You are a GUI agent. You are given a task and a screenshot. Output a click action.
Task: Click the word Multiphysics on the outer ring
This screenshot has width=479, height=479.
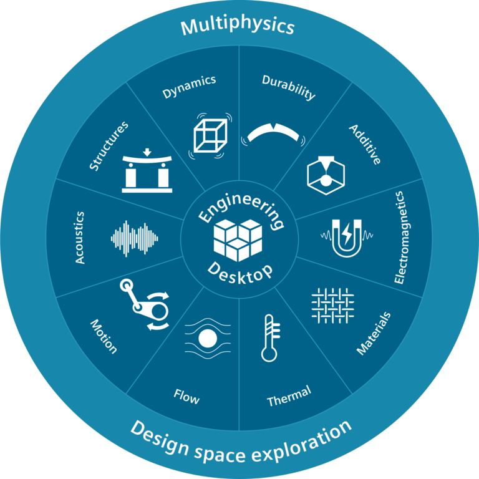pos(237,27)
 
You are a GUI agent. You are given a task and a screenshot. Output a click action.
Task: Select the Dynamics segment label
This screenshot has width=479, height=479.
pos(189,87)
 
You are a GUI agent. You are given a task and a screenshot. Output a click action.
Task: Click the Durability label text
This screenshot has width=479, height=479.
pos(289,87)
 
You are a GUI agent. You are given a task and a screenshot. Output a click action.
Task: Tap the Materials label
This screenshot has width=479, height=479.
pos(374,333)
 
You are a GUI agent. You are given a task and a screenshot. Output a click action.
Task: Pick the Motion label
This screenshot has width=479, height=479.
pos(104,336)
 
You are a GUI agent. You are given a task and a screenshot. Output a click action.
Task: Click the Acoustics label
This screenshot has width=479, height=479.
pos(80,238)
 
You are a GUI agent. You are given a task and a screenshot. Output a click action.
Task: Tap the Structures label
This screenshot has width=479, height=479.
pos(109,146)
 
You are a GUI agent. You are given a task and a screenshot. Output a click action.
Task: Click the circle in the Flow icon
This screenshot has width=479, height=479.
pos(207,339)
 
